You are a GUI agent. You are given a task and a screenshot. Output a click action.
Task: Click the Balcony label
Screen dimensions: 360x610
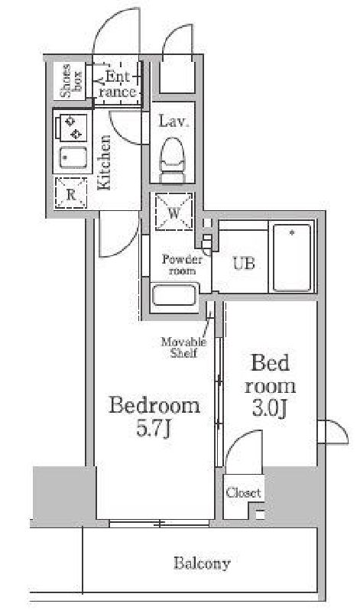pyautogui.click(x=202, y=563)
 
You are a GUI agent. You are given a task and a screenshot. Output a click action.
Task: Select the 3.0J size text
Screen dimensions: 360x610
pyautogui.click(x=270, y=408)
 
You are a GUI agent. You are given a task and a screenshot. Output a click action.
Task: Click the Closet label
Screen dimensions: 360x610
pyautogui.click(x=243, y=492)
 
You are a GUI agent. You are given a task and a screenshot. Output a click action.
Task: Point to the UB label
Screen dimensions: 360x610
pyautogui.click(x=244, y=264)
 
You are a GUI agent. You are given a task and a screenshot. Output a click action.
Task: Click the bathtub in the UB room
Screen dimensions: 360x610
pyautogui.click(x=292, y=258)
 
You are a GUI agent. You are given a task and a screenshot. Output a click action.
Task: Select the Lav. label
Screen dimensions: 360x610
pyautogui.click(x=174, y=122)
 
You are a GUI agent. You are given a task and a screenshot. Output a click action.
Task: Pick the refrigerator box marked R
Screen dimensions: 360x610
pyautogui.click(x=71, y=193)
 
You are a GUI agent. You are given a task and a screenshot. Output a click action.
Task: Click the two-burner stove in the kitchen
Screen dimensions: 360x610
pyautogui.click(x=73, y=128)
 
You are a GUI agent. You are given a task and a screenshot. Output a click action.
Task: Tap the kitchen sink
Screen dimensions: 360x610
pyautogui.click(x=73, y=157)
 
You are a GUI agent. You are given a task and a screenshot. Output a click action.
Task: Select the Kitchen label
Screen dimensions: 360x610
pyautogui.click(x=104, y=162)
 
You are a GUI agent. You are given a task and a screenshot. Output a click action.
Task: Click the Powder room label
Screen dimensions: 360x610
pyautogui.click(x=182, y=264)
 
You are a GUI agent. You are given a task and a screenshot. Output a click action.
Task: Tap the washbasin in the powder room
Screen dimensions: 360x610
pyautogui.click(x=174, y=296)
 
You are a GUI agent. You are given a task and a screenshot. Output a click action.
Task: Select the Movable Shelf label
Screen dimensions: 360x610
pyautogui.click(x=183, y=347)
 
